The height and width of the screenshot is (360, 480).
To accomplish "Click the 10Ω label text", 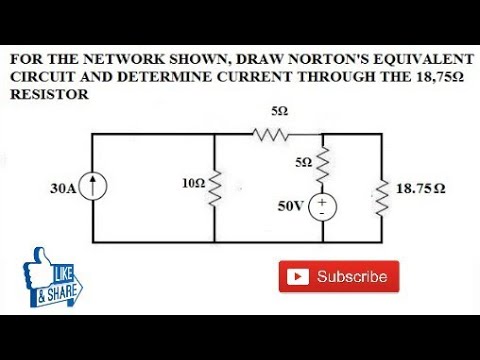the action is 192,184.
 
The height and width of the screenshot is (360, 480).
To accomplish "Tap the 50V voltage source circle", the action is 323,207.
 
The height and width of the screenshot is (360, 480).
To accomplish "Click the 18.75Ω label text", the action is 420,187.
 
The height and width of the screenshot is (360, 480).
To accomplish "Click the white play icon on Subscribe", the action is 297,277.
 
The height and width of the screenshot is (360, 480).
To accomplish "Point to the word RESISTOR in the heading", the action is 49,94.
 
